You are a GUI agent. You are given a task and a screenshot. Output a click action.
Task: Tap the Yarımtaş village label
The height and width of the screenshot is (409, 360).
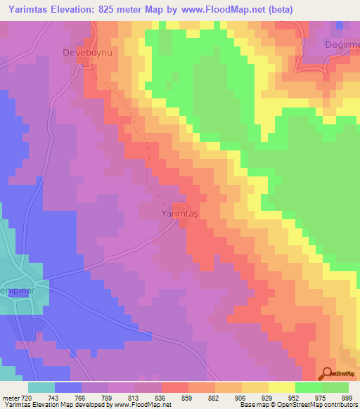(x=181, y=212)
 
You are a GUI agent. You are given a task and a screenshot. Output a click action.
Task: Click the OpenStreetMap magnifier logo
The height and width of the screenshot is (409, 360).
(x=328, y=375)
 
